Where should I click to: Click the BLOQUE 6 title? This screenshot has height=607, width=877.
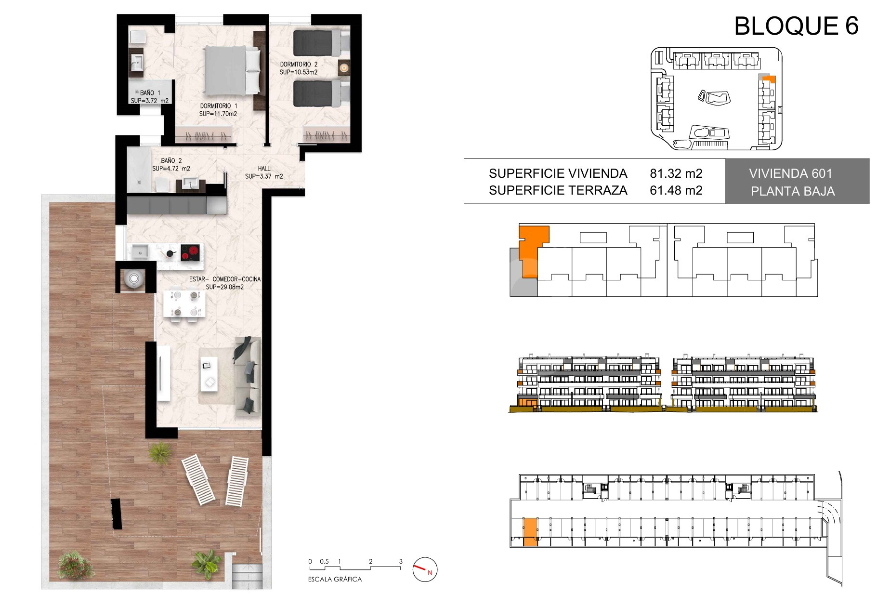[x=796, y=26]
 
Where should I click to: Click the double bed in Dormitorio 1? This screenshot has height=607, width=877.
[x=233, y=70]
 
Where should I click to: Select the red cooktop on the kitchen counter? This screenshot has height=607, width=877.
[x=190, y=252]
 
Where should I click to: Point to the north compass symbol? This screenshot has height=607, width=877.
[x=424, y=569]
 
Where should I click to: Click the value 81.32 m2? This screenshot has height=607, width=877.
[x=676, y=173]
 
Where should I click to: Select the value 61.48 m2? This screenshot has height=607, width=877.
[x=676, y=190]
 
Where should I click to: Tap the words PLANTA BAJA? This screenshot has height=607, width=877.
[x=793, y=191]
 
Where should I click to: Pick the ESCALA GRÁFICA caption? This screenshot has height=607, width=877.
[x=335, y=580]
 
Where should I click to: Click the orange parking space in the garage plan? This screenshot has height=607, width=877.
[x=530, y=532]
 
